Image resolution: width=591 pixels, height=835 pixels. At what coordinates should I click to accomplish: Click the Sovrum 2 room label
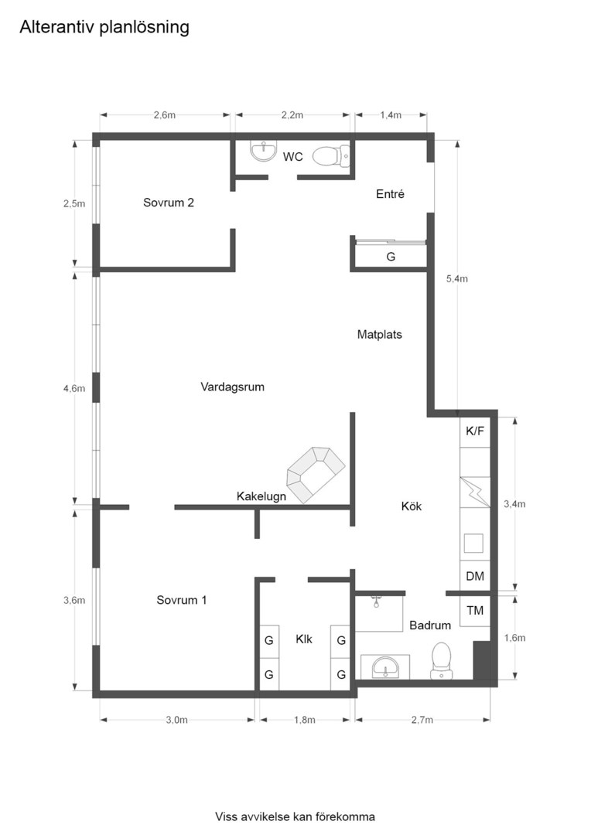(x=169, y=203)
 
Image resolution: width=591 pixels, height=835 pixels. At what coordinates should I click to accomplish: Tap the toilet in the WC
(x=331, y=156)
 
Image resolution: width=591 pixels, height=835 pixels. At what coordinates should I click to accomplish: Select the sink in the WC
(x=264, y=151)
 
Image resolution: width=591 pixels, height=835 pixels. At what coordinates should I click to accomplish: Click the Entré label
(x=390, y=194)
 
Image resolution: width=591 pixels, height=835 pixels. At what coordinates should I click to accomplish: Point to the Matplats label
(x=380, y=335)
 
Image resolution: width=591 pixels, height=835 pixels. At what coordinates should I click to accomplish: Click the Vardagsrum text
(x=232, y=387)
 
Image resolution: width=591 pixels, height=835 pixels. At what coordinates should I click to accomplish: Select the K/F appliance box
(x=475, y=431)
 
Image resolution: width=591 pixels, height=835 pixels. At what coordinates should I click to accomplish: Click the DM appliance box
(x=475, y=576)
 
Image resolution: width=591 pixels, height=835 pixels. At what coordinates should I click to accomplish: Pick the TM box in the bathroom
(x=475, y=610)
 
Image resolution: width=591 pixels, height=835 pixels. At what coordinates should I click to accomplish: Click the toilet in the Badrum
(x=441, y=661)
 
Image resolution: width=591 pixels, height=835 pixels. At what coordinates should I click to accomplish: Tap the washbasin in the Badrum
(x=385, y=667)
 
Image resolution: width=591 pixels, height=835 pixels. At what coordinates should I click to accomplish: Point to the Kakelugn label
(x=261, y=496)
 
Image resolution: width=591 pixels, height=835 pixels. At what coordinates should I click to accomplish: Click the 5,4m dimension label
(x=457, y=278)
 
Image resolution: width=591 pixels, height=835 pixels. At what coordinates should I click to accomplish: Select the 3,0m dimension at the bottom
(x=177, y=720)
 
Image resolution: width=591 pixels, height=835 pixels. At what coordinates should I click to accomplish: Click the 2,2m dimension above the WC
(x=292, y=115)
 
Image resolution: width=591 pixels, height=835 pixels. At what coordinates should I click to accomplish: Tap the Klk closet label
(x=304, y=639)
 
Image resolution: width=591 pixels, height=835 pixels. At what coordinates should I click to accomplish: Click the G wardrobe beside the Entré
(x=391, y=257)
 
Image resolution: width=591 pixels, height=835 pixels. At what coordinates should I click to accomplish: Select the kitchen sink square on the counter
(x=473, y=544)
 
